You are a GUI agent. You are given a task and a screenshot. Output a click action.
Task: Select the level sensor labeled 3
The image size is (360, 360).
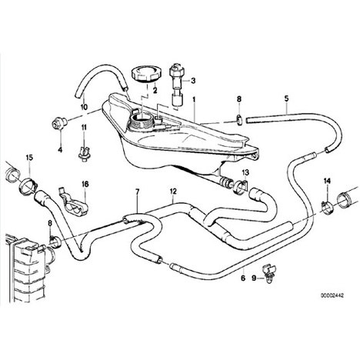(176, 84)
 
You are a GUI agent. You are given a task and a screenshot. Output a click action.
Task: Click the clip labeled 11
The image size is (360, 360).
(84, 153)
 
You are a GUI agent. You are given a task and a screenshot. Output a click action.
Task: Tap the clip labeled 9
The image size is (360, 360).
(268, 274)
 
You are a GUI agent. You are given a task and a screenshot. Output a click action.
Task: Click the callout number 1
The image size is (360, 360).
(194, 99)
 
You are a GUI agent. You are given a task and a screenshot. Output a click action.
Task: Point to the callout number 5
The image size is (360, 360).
(286, 98)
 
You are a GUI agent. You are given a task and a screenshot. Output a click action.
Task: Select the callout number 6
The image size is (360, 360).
(243, 278)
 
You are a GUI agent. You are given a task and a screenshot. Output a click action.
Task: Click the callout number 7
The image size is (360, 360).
(138, 192)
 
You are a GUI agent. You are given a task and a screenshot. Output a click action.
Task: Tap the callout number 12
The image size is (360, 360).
(173, 191)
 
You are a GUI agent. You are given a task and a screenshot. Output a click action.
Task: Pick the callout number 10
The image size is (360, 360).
(84, 107)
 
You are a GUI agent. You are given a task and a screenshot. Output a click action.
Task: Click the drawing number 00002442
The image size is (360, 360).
(332, 295)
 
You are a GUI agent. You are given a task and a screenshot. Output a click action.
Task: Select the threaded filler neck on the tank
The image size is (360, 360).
(142, 122)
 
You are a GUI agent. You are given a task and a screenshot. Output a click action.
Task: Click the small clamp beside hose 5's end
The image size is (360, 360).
(239, 119)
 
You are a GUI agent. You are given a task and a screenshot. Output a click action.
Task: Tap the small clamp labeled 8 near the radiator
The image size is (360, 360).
(55, 242)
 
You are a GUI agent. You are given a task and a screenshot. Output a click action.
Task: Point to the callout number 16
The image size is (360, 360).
(85, 184)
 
